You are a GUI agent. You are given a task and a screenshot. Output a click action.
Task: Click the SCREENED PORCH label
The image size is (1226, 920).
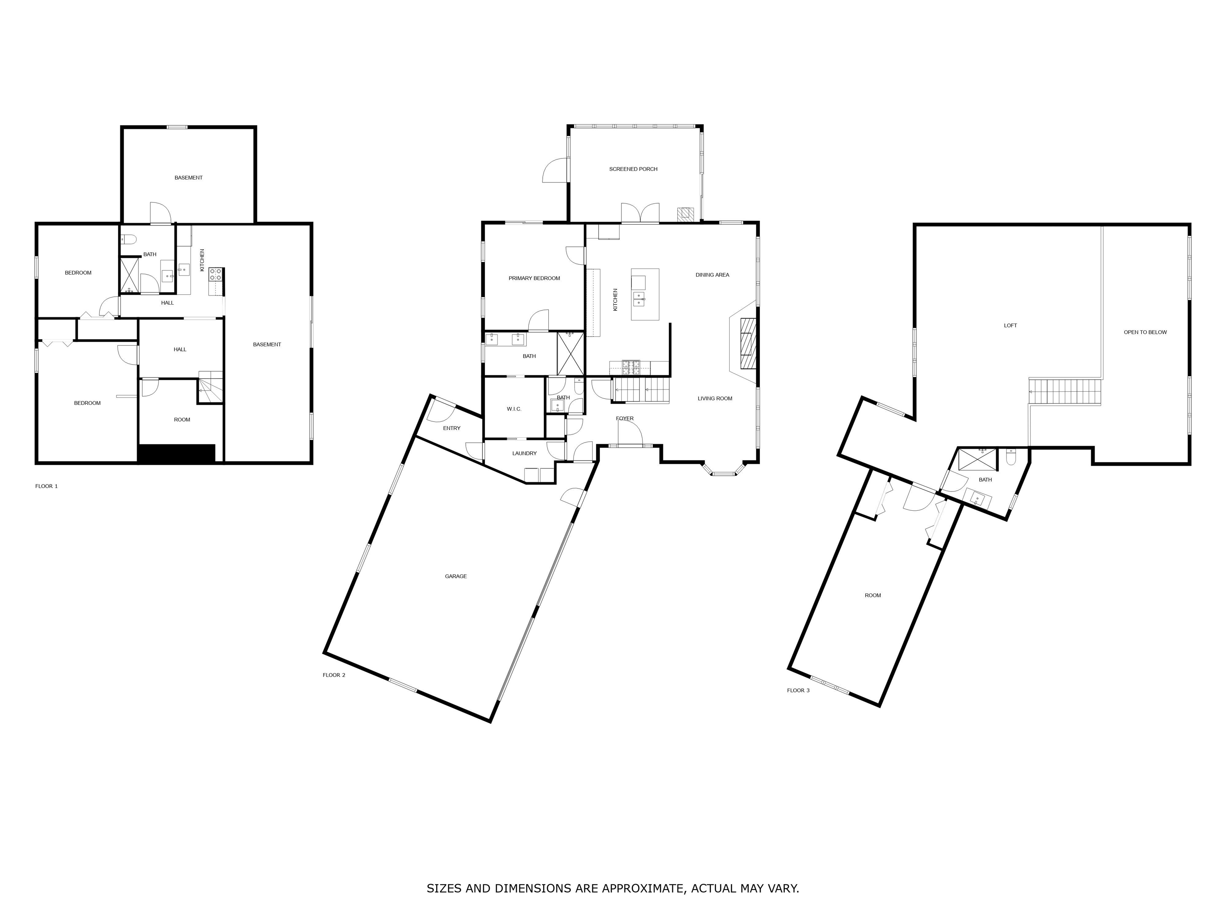click(x=633, y=169)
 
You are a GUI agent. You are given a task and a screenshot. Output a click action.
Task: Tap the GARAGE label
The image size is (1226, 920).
click(x=456, y=576)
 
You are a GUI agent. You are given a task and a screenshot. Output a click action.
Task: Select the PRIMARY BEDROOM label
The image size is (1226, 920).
click(x=534, y=278)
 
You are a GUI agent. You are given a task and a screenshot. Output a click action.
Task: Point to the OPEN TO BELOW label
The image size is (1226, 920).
click(x=1145, y=332)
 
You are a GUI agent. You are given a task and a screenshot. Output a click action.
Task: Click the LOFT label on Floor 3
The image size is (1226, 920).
click(x=1010, y=325)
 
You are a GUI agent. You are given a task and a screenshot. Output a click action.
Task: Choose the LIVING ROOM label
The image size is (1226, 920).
click(x=715, y=398)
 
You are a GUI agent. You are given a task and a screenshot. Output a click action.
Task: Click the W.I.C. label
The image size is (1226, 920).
click(x=514, y=409)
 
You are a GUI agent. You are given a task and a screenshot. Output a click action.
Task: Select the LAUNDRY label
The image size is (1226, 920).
click(x=524, y=453)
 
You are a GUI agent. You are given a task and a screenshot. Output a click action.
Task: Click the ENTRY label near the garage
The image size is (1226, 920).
click(x=452, y=428)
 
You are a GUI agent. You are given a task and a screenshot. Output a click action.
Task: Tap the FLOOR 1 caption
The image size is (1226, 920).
click(x=47, y=486)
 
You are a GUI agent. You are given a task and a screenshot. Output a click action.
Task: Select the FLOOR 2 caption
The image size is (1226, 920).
click(x=334, y=675)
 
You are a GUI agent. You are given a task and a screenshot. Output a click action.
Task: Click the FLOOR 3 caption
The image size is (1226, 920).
click(x=798, y=690)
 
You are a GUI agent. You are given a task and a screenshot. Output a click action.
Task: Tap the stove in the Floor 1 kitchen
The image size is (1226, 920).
click(x=216, y=274)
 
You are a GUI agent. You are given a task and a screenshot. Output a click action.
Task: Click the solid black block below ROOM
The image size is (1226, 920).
click(x=176, y=453)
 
